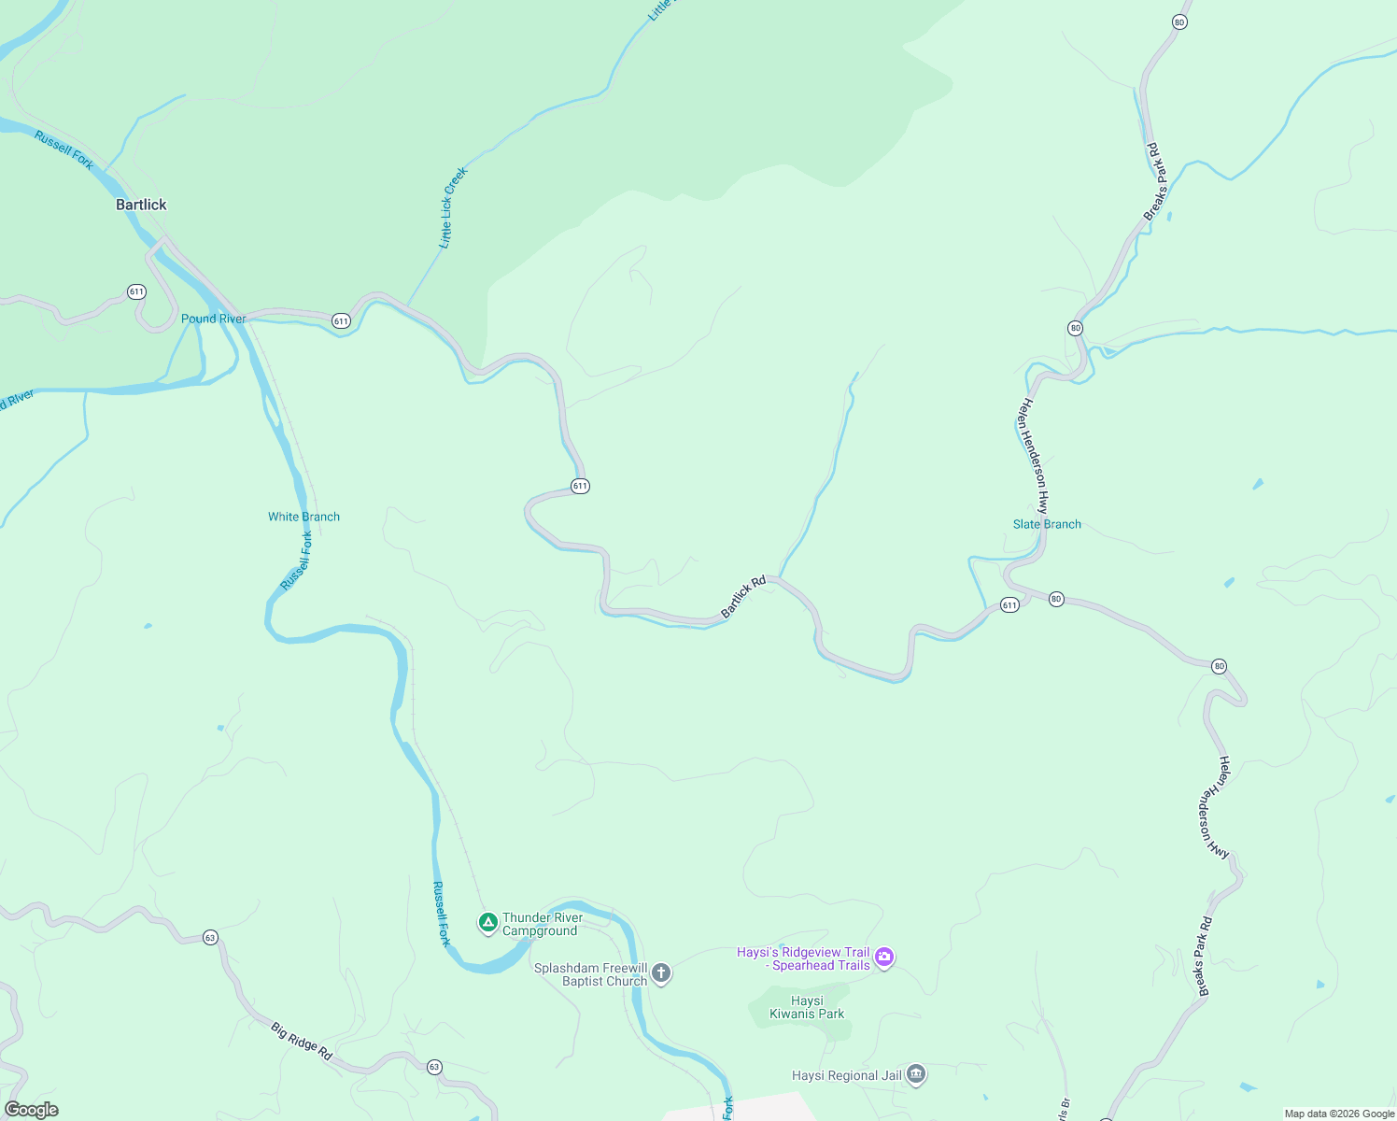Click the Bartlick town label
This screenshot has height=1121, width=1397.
point(141,205)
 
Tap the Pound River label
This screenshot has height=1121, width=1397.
point(214,319)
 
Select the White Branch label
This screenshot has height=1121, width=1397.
point(303,517)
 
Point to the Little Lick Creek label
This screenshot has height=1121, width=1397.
point(452,207)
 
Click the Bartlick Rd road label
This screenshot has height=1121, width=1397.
point(743,597)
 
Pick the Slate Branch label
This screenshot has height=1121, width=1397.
point(1047,524)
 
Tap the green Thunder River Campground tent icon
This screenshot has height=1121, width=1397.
point(487,923)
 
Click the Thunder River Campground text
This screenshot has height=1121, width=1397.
point(542,924)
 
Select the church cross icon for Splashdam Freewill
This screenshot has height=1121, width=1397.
point(661,973)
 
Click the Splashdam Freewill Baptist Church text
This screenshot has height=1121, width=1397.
point(591,974)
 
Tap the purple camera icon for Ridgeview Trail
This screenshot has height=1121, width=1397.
point(884,958)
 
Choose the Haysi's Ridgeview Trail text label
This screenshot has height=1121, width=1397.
point(804,958)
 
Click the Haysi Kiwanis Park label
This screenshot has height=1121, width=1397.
point(807,1007)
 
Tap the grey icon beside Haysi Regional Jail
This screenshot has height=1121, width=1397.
point(916,1075)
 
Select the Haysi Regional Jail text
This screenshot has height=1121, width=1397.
point(847,1075)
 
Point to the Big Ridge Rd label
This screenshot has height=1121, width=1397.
point(302,1042)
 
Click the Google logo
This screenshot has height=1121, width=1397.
point(32,1110)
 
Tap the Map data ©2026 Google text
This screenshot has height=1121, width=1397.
point(1339,1114)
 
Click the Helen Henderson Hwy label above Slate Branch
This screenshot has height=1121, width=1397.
point(1034,455)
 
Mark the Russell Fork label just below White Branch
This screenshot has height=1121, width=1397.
point(297,560)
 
